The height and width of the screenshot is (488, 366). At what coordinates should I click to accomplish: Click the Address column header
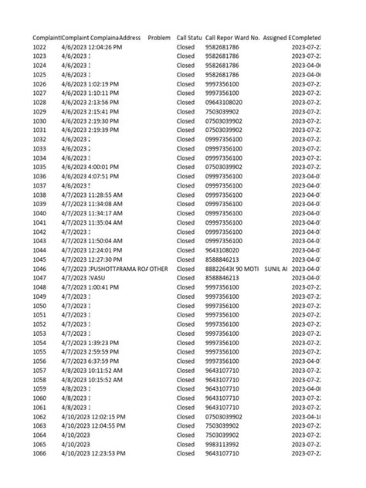click(x=130, y=38)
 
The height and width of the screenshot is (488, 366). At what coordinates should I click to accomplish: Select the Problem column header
click(x=159, y=38)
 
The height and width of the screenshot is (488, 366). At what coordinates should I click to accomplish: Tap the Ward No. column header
click(x=248, y=38)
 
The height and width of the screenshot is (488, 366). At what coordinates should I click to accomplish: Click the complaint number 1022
click(x=40, y=47)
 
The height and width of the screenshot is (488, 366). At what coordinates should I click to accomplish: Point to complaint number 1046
click(x=40, y=269)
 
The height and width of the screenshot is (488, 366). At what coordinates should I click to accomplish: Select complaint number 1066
click(x=40, y=453)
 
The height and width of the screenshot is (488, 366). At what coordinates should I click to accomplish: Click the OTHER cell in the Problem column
click(x=159, y=269)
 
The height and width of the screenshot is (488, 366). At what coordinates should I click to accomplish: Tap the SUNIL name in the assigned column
click(x=276, y=269)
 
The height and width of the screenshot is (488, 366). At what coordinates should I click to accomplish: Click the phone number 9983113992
click(x=222, y=444)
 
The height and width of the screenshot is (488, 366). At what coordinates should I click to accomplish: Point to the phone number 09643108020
click(x=224, y=103)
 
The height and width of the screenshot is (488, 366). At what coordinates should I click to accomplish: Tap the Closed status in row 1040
click(x=185, y=213)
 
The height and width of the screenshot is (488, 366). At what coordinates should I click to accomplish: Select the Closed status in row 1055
click(x=185, y=351)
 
